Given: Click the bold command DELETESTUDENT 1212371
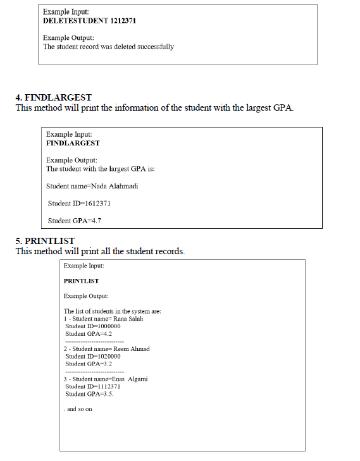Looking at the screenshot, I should tap(89, 21).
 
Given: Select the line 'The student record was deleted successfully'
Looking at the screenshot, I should tap(108, 46).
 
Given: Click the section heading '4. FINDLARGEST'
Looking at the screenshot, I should tap(53, 97).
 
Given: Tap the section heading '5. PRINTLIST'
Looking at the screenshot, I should tap(45, 241).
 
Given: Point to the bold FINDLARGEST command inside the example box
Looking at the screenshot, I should tap(73, 144).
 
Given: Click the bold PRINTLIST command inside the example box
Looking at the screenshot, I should tap(81, 280).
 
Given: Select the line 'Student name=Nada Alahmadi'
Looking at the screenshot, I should tap(92, 186).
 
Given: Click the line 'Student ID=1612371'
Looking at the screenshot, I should tap(80, 203).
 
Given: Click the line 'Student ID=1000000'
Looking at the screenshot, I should tap(93, 326).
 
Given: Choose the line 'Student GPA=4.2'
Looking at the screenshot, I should tap(89, 333).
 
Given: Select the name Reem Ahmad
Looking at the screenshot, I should tap(135, 348).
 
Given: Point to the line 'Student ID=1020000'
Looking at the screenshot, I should tap(93, 356).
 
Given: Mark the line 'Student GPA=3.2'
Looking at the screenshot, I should tap(89, 364).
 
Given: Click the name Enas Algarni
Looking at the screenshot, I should tap(133, 379).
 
